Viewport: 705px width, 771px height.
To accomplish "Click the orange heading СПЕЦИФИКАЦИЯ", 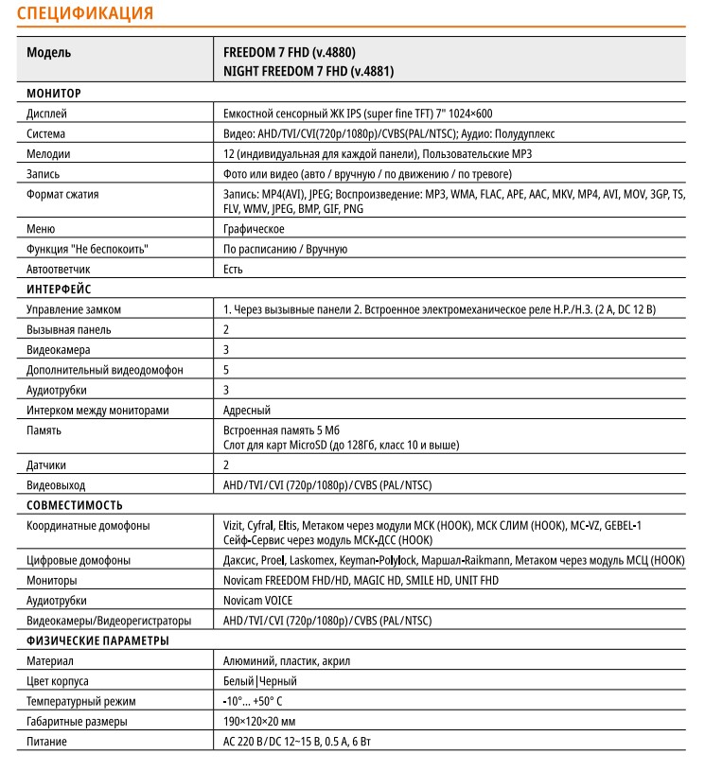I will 85,13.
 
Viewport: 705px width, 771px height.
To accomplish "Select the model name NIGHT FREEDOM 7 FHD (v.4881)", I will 308,71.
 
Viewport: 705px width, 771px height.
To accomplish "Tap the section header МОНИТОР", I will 54,94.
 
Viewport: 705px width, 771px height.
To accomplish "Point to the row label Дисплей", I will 47,114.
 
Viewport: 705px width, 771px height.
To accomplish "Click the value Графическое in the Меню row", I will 254,229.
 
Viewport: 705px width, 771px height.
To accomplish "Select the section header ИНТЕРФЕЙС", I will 59,289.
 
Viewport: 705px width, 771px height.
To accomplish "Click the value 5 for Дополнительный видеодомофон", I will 226,369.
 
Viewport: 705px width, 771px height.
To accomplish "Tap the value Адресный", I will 247,410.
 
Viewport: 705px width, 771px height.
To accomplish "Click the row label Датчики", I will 46,464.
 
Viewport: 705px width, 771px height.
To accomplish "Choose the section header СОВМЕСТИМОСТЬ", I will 75,505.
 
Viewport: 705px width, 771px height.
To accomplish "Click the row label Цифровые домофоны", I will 79,560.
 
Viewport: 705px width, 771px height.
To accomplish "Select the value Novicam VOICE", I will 258,600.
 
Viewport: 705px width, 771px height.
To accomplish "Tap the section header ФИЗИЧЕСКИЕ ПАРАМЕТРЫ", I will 97,640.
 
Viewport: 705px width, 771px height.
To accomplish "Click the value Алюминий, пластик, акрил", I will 279,660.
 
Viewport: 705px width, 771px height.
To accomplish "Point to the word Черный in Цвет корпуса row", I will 279,680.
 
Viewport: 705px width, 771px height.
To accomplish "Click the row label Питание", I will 46,741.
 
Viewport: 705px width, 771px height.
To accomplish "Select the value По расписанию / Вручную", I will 285,249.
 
